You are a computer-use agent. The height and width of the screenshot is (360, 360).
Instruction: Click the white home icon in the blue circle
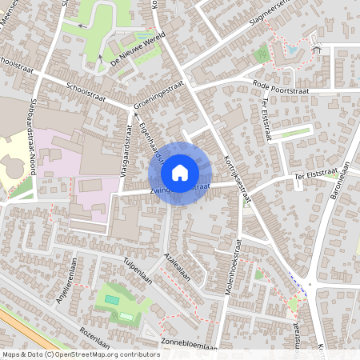pos(180,172)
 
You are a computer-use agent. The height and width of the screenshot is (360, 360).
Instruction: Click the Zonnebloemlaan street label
pos(189,346)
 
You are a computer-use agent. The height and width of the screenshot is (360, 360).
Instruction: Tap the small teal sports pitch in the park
pos(112,300)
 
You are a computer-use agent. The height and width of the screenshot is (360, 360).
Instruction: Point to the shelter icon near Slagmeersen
pos(316,50)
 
